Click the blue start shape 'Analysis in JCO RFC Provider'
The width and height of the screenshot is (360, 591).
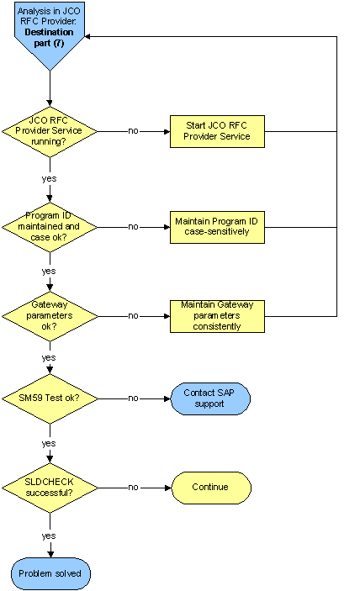[50, 32]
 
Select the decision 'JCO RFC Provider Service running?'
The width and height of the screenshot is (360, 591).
[50, 131]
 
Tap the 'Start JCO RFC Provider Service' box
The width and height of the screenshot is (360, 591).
[217, 131]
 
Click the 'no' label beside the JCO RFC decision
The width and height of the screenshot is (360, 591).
[134, 131]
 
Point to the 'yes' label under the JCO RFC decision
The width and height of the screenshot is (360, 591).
[50, 178]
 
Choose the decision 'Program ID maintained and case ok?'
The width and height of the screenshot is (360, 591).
[50, 226]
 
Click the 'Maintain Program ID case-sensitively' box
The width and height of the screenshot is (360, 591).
[217, 226]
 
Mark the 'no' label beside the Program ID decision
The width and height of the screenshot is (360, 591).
[134, 226]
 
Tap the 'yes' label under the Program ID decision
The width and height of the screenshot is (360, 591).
[50, 271]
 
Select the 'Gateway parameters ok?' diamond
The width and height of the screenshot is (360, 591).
[50, 315]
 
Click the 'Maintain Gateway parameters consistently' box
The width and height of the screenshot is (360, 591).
[217, 315]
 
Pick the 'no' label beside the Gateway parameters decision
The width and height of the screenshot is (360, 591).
[134, 315]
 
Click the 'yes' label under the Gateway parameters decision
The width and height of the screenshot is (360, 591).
[50, 357]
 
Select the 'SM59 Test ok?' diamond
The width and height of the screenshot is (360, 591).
[50, 398]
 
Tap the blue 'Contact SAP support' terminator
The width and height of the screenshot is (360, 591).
[210, 398]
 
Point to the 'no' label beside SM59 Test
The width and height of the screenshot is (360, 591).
[134, 398]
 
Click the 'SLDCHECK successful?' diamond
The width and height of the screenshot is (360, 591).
[50, 487]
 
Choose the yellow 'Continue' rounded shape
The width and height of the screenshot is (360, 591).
[211, 488]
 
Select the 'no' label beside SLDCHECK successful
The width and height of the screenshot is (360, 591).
[134, 487]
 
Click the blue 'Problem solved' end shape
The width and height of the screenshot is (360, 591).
[50, 573]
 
